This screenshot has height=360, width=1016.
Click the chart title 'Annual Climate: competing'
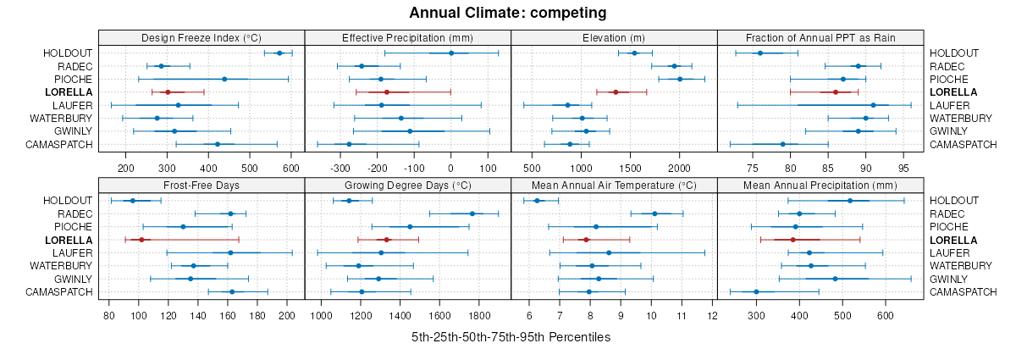pyautogui.click(x=507, y=13)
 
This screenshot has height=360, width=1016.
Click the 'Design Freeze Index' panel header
pyautogui.click(x=202, y=37)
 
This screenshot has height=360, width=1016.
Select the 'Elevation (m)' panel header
pyautogui.click(x=614, y=37)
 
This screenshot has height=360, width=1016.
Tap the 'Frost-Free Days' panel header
pyautogui.click(x=202, y=185)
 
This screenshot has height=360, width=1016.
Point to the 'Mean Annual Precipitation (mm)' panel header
pyautogui.click(x=820, y=185)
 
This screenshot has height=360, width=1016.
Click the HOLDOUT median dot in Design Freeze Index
pyautogui.click(x=279, y=53)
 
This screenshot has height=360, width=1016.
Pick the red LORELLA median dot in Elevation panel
pyautogui.click(x=616, y=91)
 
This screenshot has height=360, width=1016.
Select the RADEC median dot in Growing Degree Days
pyautogui.click(x=472, y=213)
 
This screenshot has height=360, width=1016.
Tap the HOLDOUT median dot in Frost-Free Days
pyautogui.click(x=132, y=201)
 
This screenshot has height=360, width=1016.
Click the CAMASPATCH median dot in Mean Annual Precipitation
pyautogui.click(x=756, y=292)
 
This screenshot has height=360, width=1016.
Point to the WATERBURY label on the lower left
pyautogui.click(x=61, y=266)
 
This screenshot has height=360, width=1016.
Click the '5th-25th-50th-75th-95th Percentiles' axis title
pyautogui.click(x=511, y=337)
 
